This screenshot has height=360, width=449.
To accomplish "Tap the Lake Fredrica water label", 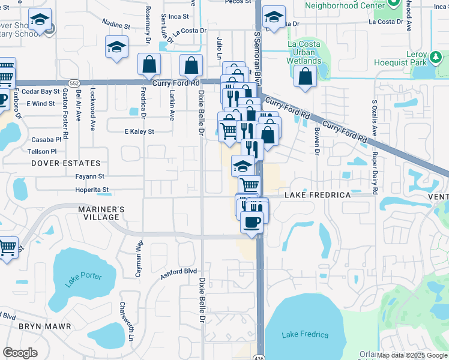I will coord(306,335).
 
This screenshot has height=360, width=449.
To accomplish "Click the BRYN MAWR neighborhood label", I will coord(45,326).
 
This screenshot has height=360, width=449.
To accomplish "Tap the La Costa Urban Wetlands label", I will coord(304,53).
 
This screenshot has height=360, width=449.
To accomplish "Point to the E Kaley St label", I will coord(139,131).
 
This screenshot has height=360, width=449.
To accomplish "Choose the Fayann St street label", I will coord(90,177).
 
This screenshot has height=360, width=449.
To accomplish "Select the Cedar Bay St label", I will coord(45,91).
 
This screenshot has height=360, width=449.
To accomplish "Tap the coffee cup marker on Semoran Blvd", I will coord(252,223).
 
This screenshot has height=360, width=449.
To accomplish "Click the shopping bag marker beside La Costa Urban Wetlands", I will coord(306,77).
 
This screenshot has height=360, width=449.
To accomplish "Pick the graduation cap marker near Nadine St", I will coord(116,47).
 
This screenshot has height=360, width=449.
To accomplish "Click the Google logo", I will coord(20,353).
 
